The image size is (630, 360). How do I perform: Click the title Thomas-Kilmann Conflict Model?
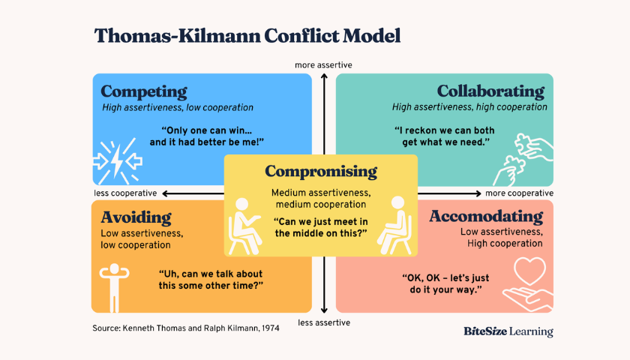pyautogui.click(x=247, y=35)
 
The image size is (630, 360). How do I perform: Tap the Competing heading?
pyautogui.click(x=144, y=91)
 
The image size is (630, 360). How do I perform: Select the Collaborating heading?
pyautogui.click(x=490, y=91)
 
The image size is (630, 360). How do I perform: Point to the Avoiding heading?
pyautogui.click(x=136, y=217)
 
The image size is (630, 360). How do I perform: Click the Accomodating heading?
pyautogui.click(x=486, y=217)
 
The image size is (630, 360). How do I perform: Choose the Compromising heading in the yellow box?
pyautogui.click(x=321, y=171)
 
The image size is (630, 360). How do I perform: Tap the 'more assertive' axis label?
pyautogui.click(x=323, y=65)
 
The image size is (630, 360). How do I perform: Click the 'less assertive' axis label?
pyautogui.click(x=324, y=323)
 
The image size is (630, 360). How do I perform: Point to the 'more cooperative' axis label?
pyautogui.click(x=520, y=193)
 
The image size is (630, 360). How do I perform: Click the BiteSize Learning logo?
pyautogui.click(x=508, y=331)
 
